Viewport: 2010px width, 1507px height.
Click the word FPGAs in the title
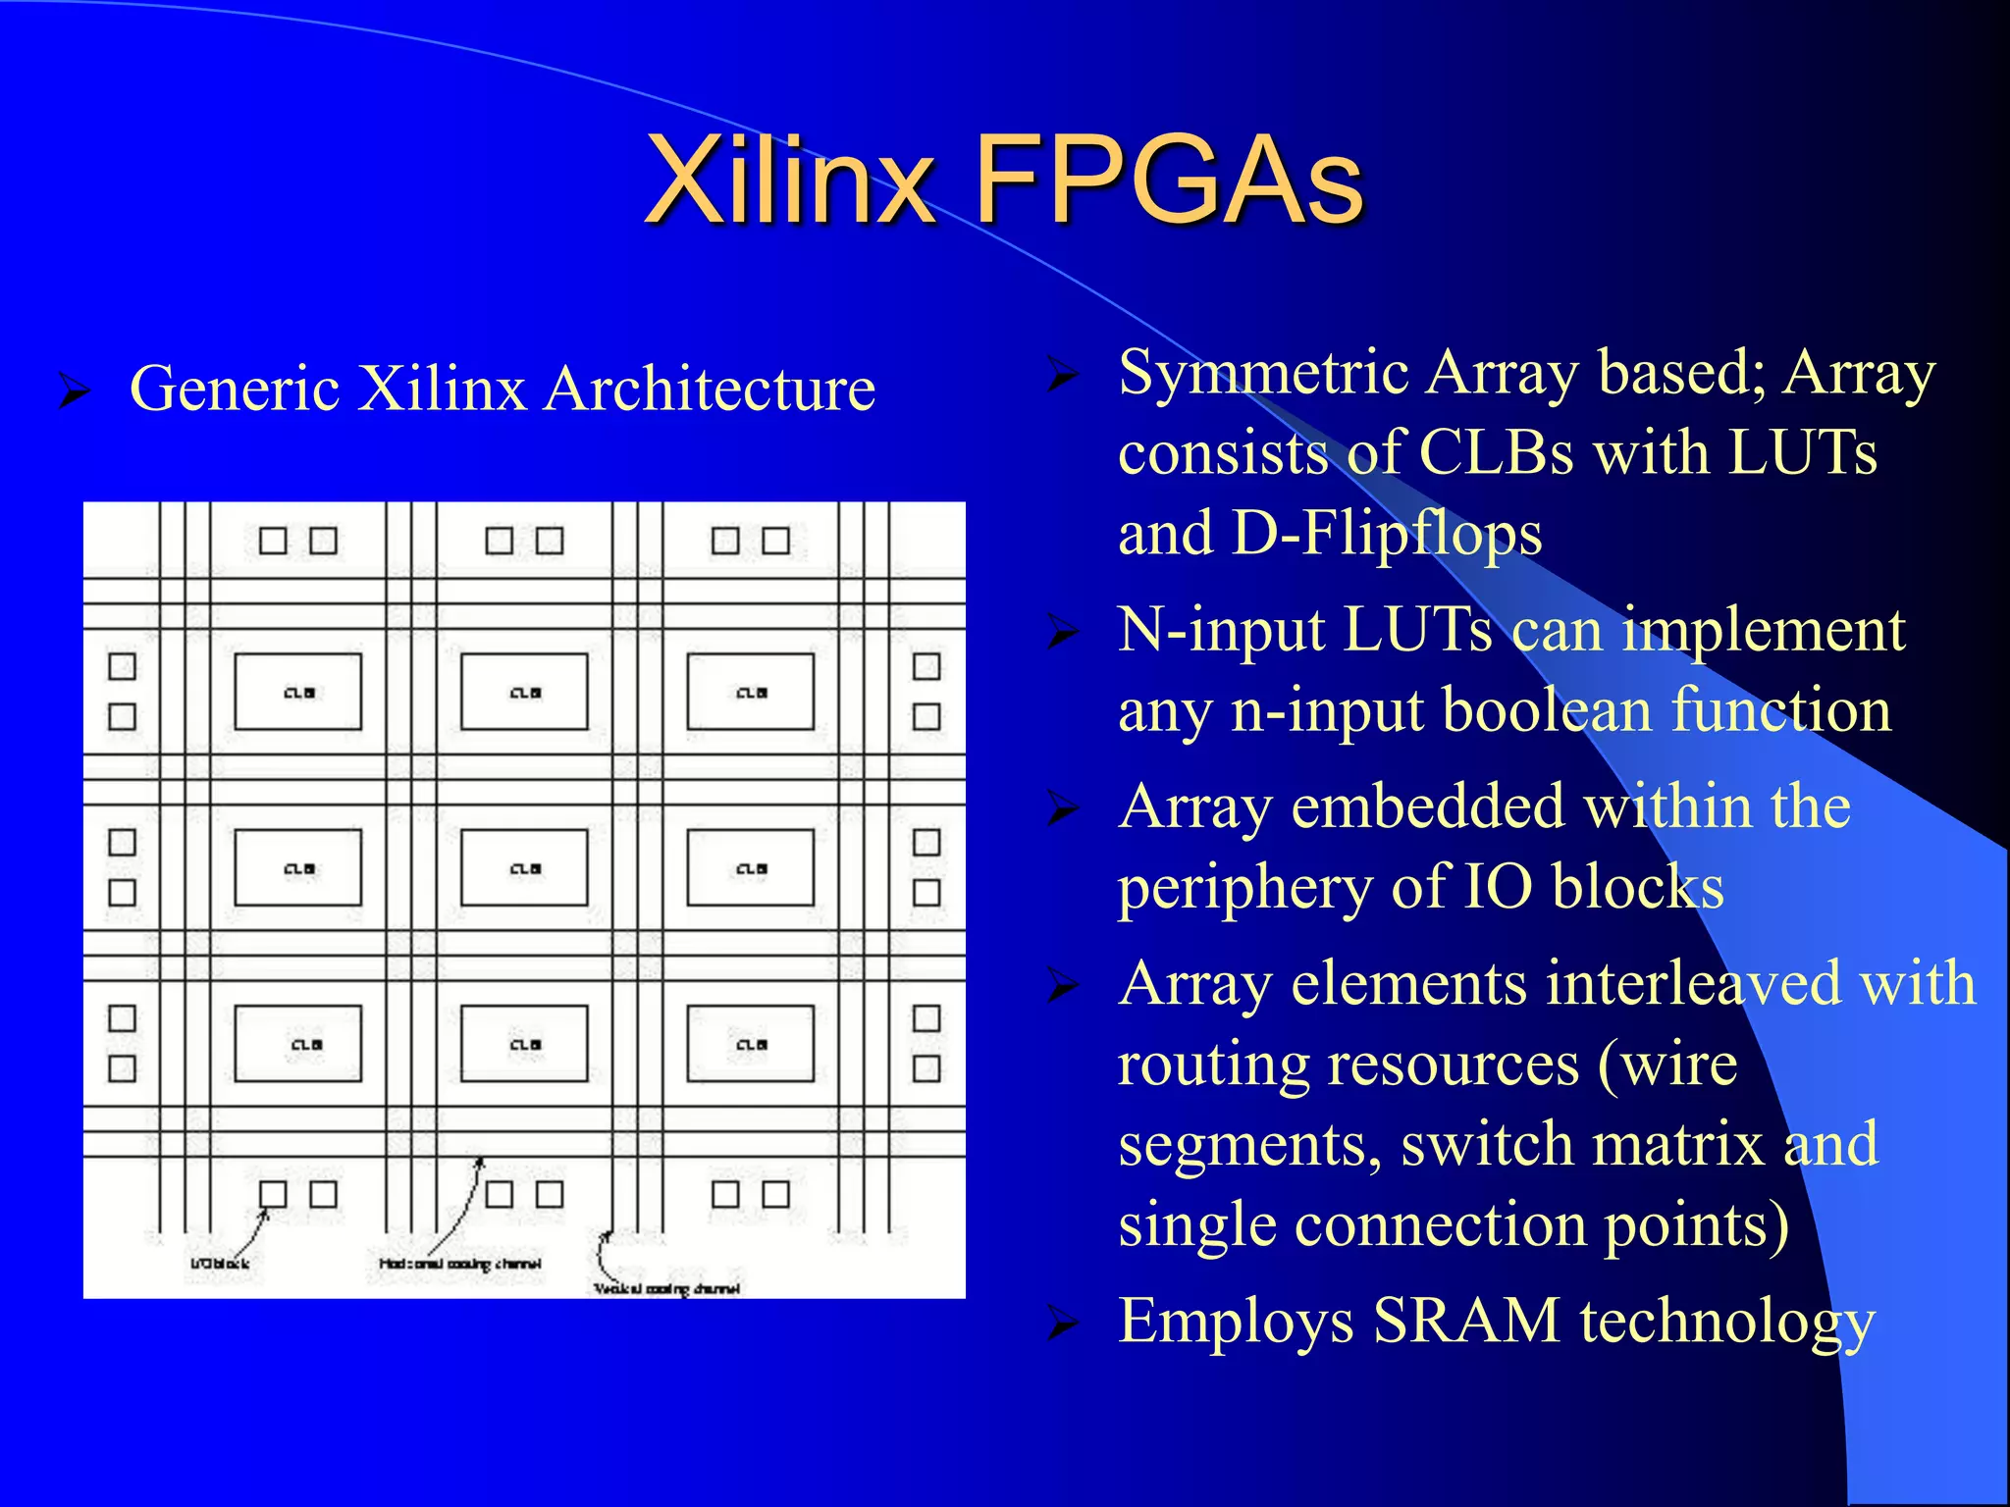(1168, 182)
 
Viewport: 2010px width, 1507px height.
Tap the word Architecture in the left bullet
(710, 389)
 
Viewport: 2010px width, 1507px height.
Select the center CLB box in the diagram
(524, 867)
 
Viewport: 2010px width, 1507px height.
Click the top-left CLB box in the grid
(298, 692)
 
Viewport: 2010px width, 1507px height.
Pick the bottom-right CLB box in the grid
(751, 1043)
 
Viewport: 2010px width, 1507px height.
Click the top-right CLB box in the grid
(751, 692)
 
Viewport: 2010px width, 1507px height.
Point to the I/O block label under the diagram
(219, 1264)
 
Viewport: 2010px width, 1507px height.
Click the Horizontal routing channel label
(459, 1264)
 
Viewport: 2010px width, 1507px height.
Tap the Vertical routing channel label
(667, 1288)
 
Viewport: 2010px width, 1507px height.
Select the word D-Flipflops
(1387, 534)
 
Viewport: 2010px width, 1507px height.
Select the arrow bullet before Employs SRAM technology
(1062, 1324)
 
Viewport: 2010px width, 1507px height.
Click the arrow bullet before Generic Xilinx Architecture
(74, 390)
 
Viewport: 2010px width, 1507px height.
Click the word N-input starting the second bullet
(1220, 630)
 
